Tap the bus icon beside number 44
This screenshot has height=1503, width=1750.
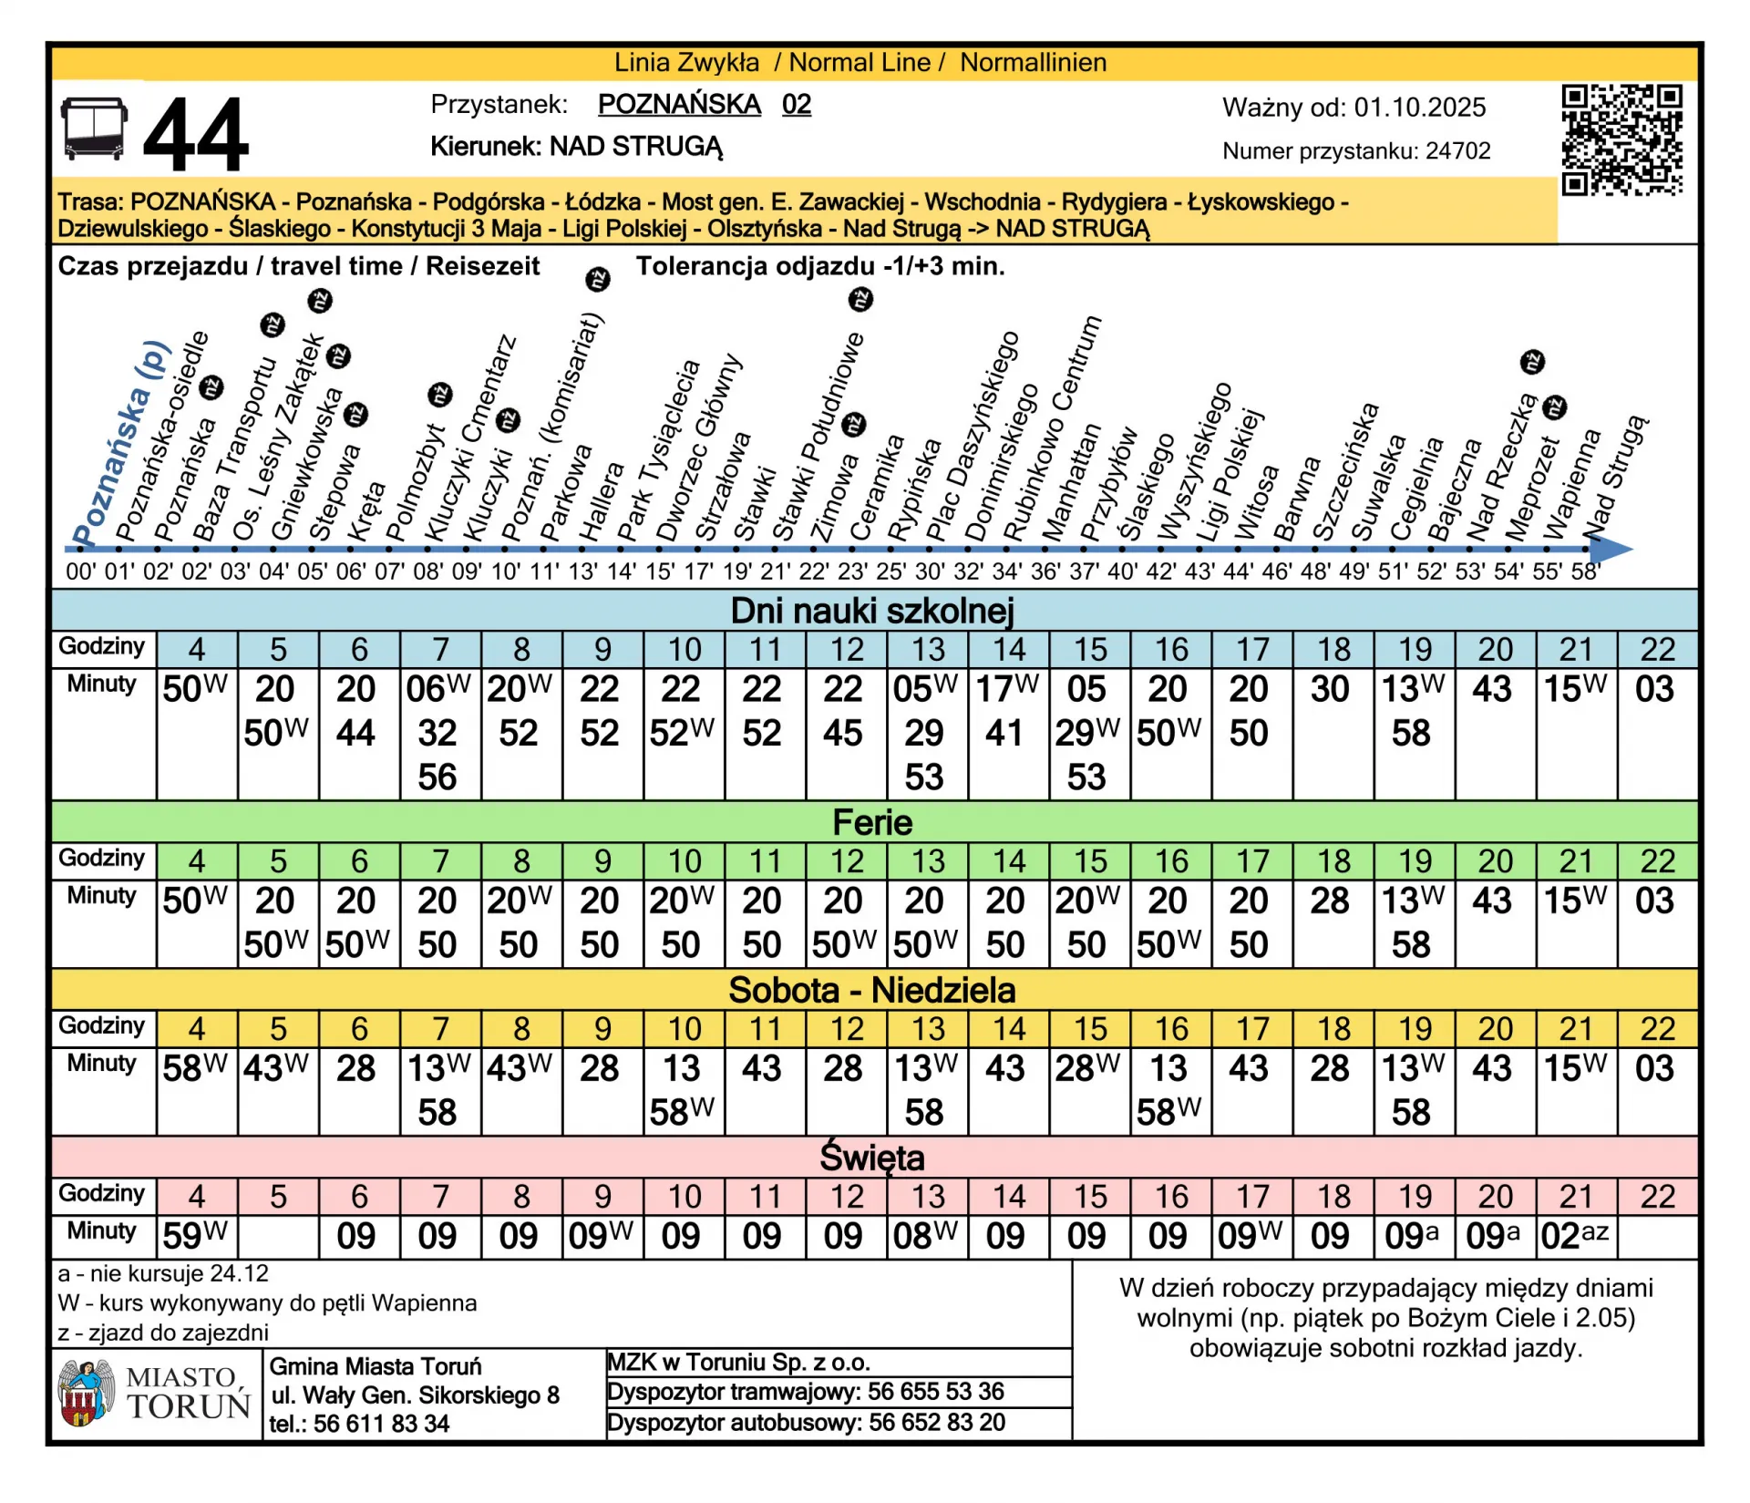point(94,129)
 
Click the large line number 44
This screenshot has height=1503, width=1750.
point(196,136)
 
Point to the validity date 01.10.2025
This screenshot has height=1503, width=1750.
point(1419,108)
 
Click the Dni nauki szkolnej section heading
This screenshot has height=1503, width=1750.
point(872,611)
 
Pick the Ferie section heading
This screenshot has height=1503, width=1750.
point(872,822)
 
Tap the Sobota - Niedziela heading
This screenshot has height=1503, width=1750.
point(872,990)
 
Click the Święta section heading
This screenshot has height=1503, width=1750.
point(872,1158)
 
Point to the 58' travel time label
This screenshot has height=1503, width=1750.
point(1586,572)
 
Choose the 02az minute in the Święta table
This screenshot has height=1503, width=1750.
point(1574,1236)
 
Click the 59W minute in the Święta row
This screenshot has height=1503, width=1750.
point(195,1236)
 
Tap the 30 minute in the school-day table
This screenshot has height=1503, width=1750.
point(1330,690)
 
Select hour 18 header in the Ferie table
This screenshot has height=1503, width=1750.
point(1333,861)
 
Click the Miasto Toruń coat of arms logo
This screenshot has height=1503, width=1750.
point(85,1393)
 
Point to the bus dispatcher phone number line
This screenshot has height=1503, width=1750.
point(807,1423)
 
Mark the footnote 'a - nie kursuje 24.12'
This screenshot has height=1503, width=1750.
point(163,1273)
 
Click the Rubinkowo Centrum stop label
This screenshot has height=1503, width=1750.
point(1053,428)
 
